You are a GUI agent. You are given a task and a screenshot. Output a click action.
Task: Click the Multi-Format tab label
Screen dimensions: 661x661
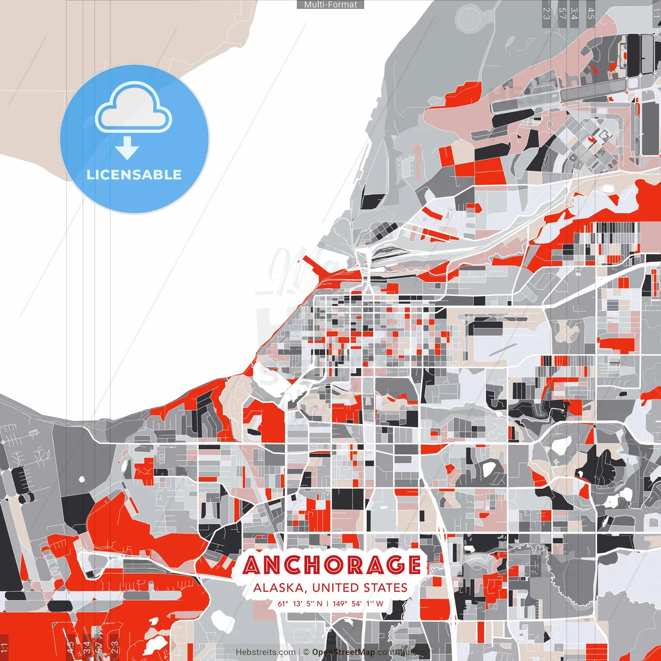tap(330, 5)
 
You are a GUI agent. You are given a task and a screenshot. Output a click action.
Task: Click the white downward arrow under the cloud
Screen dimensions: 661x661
tap(127, 148)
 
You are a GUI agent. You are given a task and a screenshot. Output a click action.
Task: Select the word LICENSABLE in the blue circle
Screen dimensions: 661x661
tap(134, 175)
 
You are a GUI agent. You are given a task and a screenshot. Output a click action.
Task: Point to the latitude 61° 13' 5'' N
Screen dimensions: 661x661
tap(300, 603)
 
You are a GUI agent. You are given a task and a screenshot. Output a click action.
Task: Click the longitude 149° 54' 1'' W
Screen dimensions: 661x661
tap(358, 603)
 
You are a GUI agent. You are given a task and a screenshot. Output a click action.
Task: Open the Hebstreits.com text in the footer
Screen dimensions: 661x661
tap(266, 652)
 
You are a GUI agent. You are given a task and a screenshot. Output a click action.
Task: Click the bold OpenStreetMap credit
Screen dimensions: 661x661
tap(343, 652)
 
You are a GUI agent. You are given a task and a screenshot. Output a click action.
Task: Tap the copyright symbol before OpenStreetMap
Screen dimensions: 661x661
tap(306, 652)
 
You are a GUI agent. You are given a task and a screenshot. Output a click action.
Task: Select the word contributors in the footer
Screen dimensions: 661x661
tap(401, 652)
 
